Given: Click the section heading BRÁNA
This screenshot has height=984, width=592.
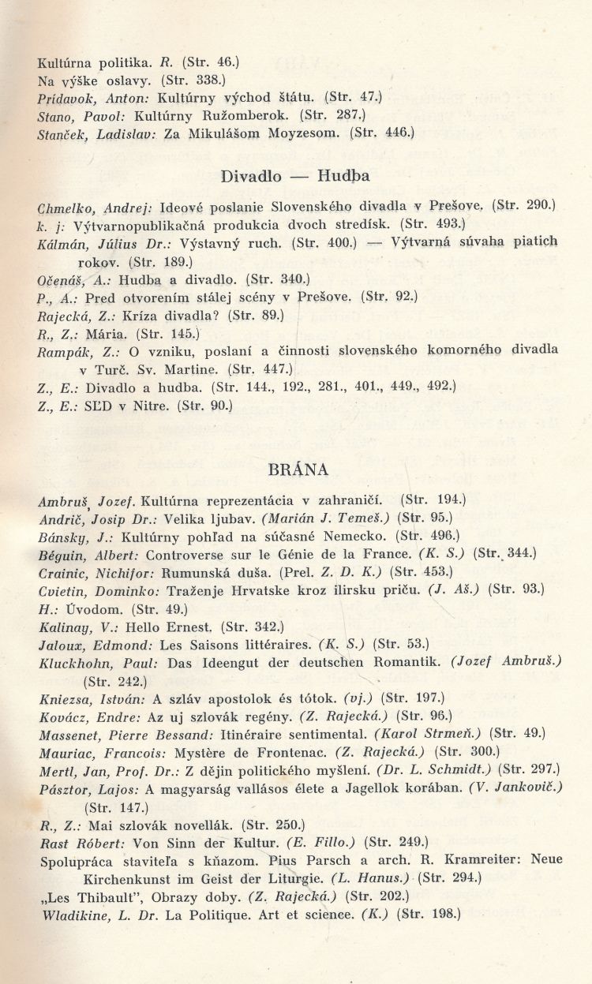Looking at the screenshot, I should click(x=298, y=469).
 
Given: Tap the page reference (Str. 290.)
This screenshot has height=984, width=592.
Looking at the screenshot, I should click(x=524, y=206).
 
